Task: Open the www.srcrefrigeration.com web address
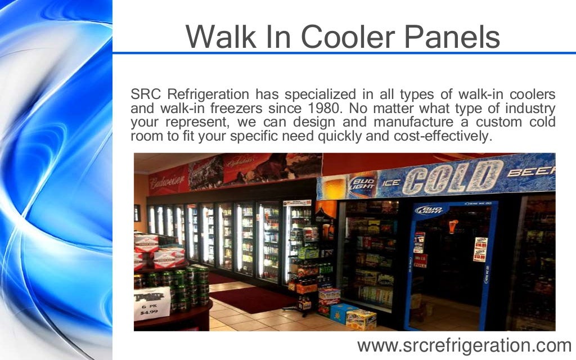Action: point(464,344)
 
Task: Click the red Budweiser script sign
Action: point(167,181)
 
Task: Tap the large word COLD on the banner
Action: point(452,177)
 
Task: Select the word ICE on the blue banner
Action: point(391,182)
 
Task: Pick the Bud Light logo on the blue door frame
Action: point(431,210)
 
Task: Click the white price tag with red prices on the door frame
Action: point(480,249)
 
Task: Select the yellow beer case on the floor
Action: point(361,319)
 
